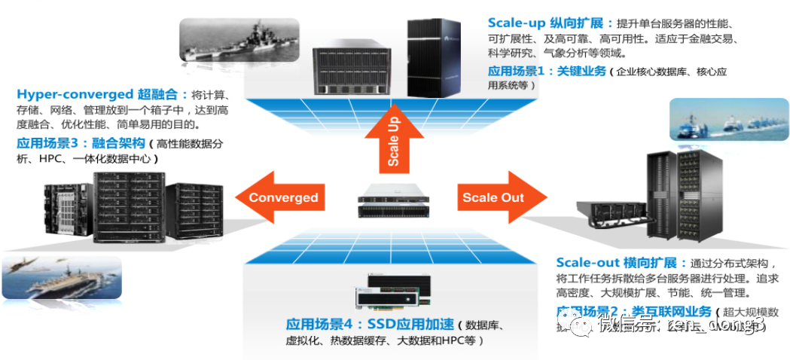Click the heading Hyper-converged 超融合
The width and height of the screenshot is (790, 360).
click(102, 95)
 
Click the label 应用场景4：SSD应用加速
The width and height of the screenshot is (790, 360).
click(370, 325)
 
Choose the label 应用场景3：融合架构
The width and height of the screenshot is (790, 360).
click(80, 143)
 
